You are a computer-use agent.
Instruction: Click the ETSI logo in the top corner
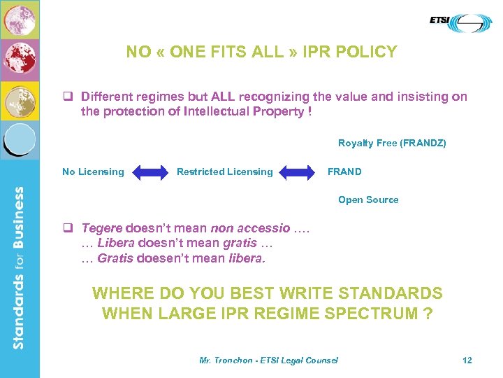tap(460, 22)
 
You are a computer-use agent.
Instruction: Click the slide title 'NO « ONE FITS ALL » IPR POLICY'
tap(261, 52)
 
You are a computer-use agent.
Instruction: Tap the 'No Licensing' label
tap(93, 171)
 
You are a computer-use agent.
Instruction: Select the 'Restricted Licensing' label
tap(224, 171)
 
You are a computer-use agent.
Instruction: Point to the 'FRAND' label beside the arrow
tap(344, 171)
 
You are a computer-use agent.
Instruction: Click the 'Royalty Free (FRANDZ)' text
tap(392, 143)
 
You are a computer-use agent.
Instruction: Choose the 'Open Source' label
tap(368, 199)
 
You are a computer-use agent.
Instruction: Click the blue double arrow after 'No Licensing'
tap(150, 172)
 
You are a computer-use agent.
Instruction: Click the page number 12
tap(467, 360)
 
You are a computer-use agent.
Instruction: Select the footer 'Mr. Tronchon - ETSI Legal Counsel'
tap(268, 360)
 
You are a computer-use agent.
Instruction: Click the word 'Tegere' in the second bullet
tap(102, 228)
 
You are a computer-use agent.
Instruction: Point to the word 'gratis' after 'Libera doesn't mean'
tap(240, 243)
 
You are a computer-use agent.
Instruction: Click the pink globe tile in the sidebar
tap(20, 19)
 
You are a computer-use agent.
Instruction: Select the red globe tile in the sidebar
tap(20, 60)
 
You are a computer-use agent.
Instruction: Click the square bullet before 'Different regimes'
tap(68, 97)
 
